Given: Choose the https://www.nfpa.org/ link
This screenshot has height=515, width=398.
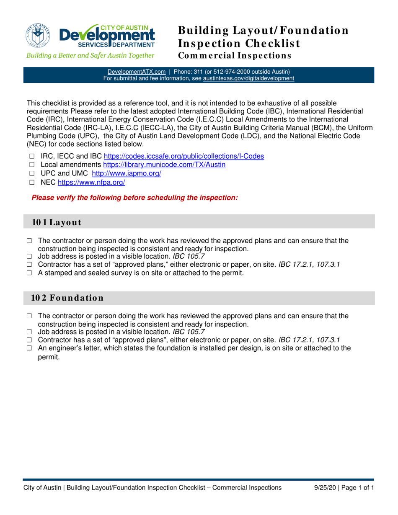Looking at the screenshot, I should point(91,183).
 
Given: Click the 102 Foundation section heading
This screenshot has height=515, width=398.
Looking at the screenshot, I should point(67,299).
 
